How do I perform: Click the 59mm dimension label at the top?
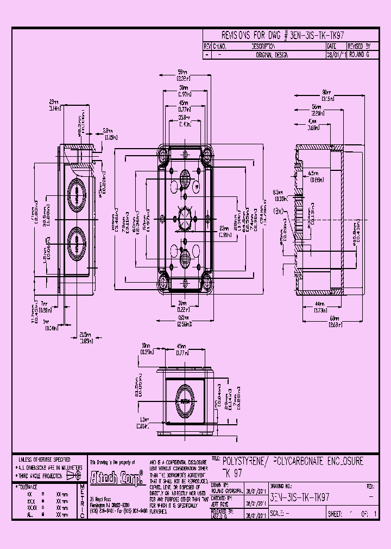tap(183, 72)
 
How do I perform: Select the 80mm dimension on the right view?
tap(327, 92)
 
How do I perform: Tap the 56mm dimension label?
tap(318, 106)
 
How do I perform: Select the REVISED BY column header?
tap(359, 47)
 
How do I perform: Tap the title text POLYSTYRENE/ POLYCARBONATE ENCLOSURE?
tap(293, 461)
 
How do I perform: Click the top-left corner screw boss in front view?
tap(164, 156)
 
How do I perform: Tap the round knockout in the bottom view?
tap(185, 401)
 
